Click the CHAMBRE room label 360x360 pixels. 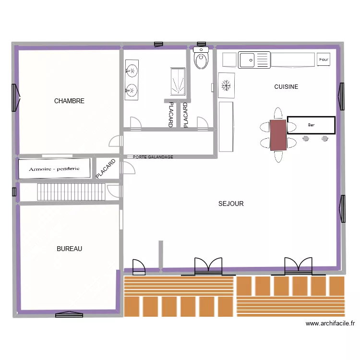(x=69, y=101)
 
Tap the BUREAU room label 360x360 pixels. (x=69, y=249)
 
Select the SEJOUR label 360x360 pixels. (x=231, y=204)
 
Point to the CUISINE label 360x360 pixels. (x=286, y=87)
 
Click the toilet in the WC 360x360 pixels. (x=201, y=59)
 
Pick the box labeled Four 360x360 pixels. (x=324, y=60)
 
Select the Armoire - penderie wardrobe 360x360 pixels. (x=55, y=168)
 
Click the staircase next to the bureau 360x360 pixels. (x=71, y=192)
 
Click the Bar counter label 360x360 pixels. (x=311, y=125)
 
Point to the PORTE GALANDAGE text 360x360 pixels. (x=153, y=157)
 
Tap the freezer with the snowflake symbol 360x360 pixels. (x=227, y=85)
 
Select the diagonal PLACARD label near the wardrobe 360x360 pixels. (x=106, y=169)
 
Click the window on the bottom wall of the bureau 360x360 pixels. (x=69, y=314)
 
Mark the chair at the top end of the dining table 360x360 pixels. (x=278, y=113)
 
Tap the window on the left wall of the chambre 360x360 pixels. (x=16, y=98)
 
